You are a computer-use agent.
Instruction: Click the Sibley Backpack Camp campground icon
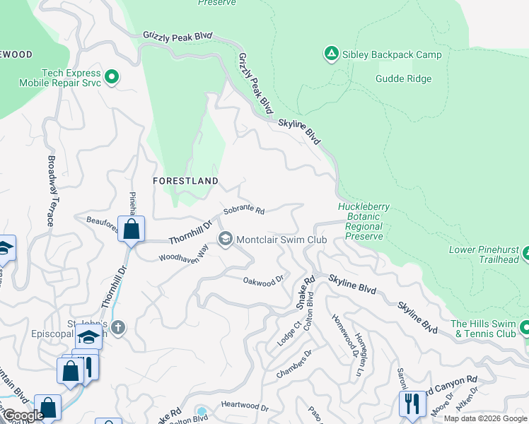coord(331,54)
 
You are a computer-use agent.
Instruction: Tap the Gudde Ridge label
coord(403,78)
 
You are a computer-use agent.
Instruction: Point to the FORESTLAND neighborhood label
coord(186,181)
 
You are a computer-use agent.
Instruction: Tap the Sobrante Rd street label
coord(244,211)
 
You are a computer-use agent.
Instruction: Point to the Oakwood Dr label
coord(263,280)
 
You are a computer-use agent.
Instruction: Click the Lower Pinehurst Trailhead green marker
coord(524,249)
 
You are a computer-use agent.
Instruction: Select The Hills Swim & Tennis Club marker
coord(524,328)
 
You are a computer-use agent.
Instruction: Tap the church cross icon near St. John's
coord(117,327)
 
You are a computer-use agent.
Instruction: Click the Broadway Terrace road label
coord(51,191)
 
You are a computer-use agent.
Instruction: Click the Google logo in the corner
coord(23,416)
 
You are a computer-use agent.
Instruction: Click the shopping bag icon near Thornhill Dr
coord(131,229)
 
